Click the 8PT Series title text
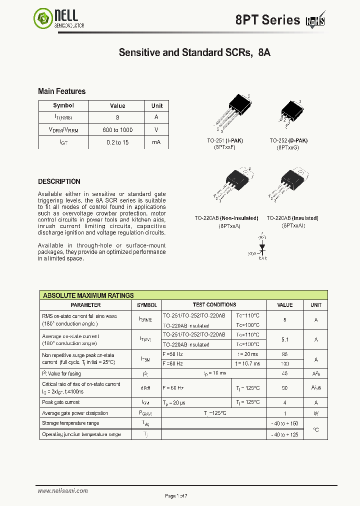(267, 20)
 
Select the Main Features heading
(61, 91)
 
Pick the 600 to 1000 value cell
(117, 130)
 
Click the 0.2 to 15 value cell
(117, 142)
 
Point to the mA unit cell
(156, 142)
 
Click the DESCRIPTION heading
(59, 181)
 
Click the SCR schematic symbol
(262, 247)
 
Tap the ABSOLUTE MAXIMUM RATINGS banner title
(88, 295)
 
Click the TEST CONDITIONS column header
(214, 304)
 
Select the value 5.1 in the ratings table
(285, 339)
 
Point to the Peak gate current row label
(61, 402)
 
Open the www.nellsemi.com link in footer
(58, 491)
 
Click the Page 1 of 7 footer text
(176, 495)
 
